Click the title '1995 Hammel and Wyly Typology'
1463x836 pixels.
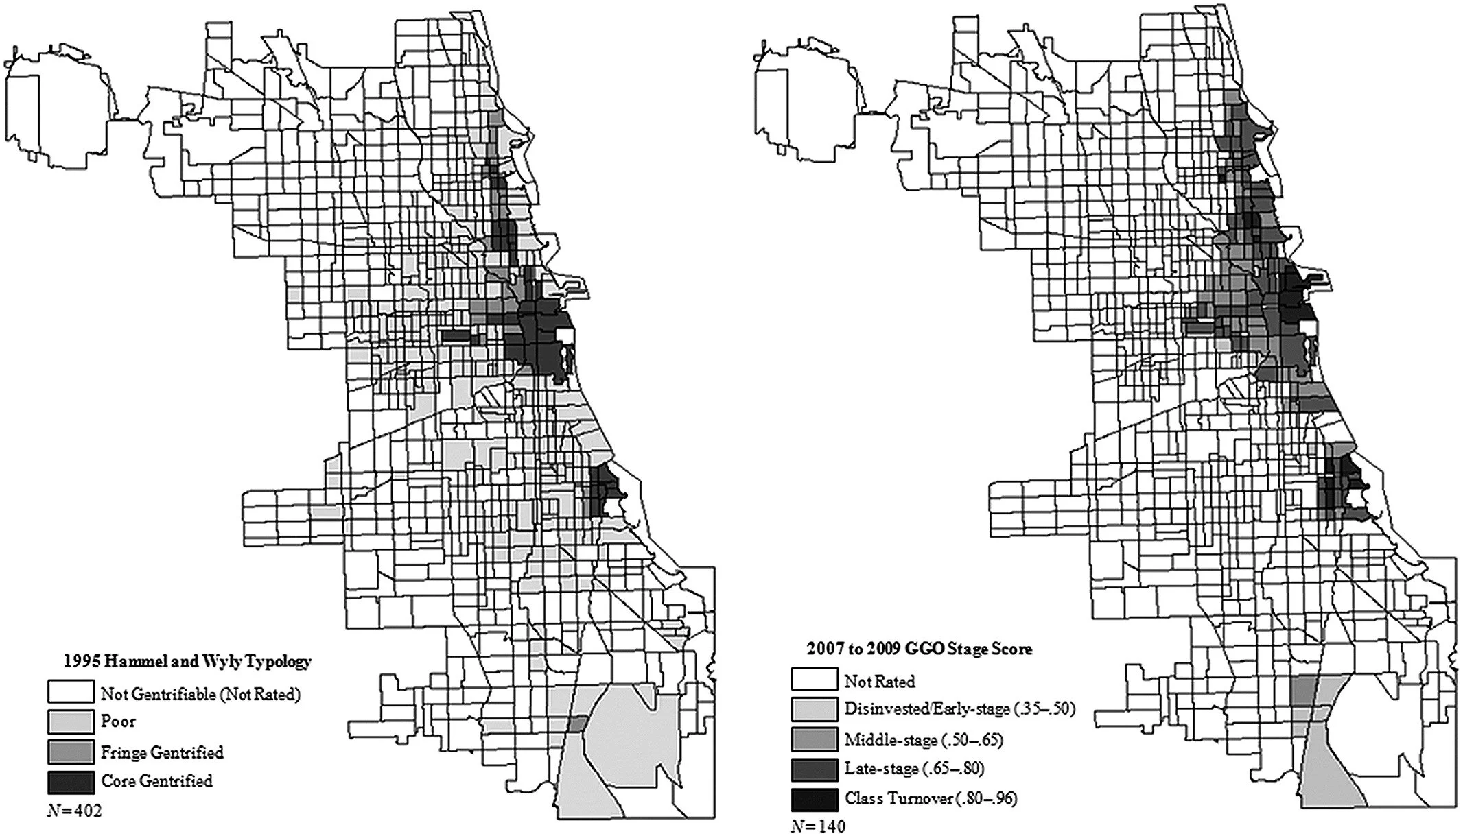187,662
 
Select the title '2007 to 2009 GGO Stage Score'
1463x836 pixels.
920,648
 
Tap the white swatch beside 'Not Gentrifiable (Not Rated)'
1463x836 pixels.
71,692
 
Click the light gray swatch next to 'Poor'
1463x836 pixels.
71,721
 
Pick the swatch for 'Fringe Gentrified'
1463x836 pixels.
71,752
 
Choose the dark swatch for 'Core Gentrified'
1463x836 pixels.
71,781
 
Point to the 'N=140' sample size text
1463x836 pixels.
818,826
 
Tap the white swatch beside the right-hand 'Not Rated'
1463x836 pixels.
814,679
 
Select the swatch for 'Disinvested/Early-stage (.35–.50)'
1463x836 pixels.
814,708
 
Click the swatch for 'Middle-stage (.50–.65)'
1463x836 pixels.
814,739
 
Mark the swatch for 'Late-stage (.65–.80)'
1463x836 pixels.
814,769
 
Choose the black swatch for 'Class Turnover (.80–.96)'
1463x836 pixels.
814,799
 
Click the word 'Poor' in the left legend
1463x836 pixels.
118,721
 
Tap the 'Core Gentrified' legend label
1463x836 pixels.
156,781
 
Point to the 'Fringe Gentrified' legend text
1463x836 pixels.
162,752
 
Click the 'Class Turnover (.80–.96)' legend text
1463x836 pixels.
931,798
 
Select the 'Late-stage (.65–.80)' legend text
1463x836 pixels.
914,769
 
